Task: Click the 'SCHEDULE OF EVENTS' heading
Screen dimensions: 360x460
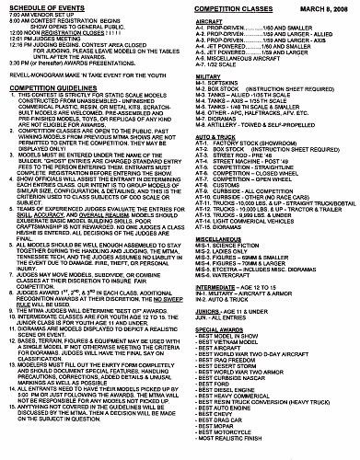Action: pyautogui.click(x=46, y=8)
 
